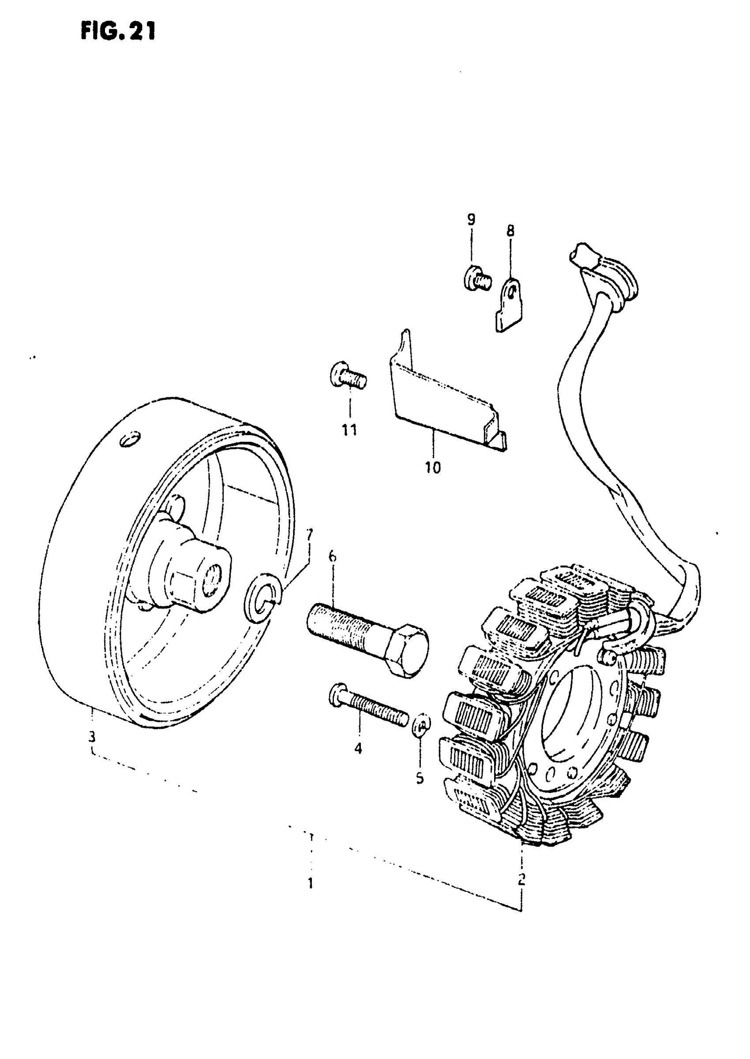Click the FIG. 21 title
point(118,32)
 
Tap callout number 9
point(471,220)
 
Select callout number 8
point(510,231)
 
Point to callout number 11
point(349,430)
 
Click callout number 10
point(433,467)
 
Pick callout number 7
point(309,535)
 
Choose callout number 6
point(333,557)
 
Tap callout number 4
point(358,749)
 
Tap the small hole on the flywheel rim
point(130,438)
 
